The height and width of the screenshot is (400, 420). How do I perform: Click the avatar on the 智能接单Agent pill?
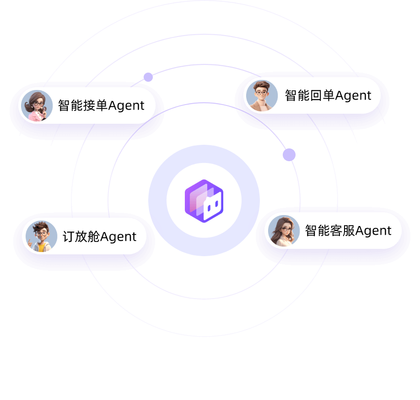[x=36, y=105]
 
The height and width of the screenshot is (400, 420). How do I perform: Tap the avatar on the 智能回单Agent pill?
[x=262, y=95]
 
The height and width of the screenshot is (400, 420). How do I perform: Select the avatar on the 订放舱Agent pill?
[x=41, y=236]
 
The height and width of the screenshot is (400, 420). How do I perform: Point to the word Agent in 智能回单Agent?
[x=353, y=96]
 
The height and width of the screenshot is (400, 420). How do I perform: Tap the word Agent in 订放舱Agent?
[x=118, y=237]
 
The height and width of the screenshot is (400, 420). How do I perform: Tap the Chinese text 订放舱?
[x=81, y=237]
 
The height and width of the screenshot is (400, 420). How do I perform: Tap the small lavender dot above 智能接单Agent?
[x=148, y=77]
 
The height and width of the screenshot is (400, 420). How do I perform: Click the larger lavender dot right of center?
[x=289, y=155]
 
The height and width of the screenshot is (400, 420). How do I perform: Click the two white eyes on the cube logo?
[x=211, y=206]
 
